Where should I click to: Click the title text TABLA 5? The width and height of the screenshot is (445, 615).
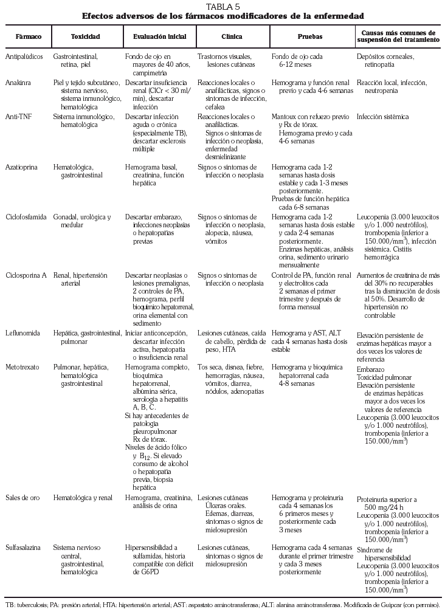[222, 6]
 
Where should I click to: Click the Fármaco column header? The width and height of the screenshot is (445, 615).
[28, 37]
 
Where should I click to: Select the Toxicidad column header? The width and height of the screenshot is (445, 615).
[85, 37]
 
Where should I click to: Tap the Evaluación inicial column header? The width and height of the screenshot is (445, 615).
[159, 37]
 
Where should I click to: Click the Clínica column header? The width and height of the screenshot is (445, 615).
[233, 37]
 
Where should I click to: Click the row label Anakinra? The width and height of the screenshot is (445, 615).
[18, 82]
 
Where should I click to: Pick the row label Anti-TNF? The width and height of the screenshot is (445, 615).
[19, 116]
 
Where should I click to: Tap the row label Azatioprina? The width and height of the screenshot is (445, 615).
[21, 166]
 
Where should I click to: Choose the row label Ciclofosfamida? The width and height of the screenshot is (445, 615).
[26, 217]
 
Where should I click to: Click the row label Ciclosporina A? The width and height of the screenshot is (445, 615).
[26, 275]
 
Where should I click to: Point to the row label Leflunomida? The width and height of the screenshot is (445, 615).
[23, 333]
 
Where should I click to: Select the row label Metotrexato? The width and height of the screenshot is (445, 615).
[23, 368]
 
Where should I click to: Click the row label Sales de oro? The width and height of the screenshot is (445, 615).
[23, 498]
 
